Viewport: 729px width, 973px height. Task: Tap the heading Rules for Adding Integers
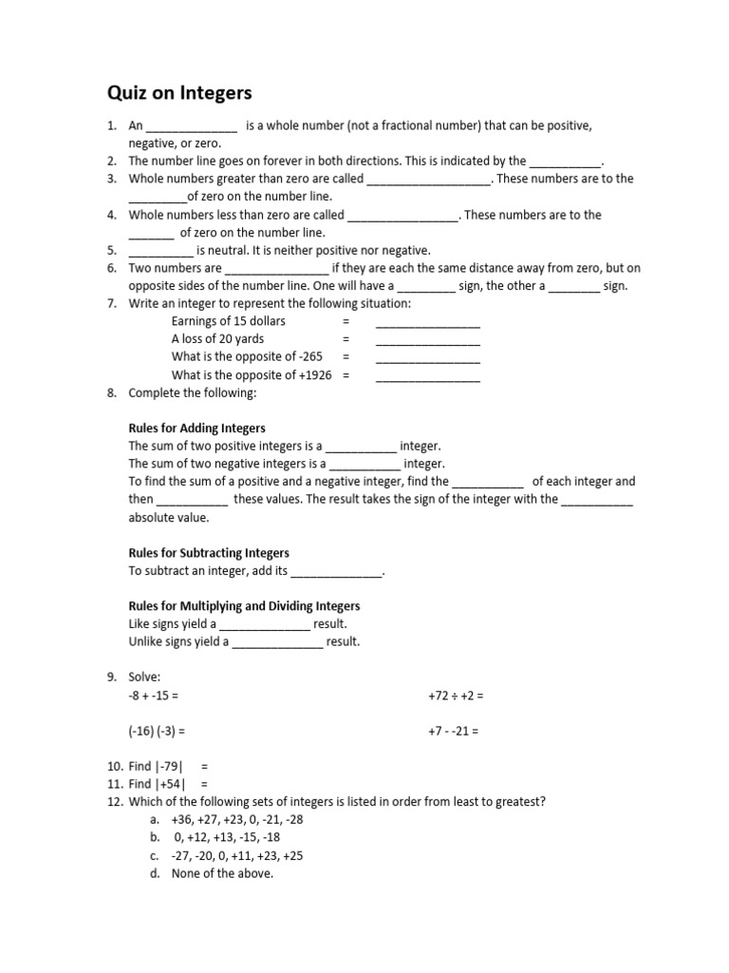tap(196, 428)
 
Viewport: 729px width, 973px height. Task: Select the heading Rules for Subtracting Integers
tap(208, 552)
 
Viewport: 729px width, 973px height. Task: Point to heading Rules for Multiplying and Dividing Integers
tap(244, 605)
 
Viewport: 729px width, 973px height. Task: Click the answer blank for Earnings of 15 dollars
tap(427, 322)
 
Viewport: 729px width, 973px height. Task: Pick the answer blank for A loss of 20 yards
tap(427, 340)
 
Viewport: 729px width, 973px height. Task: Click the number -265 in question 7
tap(308, 357)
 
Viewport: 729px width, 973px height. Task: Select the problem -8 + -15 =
tap(153, 696)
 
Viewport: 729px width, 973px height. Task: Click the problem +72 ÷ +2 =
tap(456, 696)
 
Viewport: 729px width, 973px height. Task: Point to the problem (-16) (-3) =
tap(156, 732)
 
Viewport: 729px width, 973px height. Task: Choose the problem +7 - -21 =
tap(454, 732)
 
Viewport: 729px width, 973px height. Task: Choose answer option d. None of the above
tap(221, 873)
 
